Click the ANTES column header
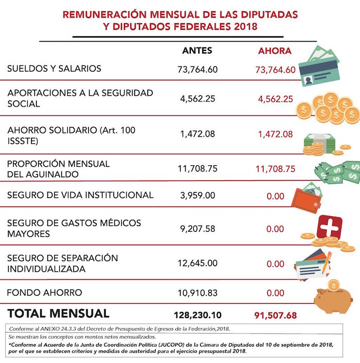click(x=197, y=50)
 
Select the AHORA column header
click(x=275, y=51)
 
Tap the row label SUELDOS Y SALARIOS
click(x=54, y=68)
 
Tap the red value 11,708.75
click(x=275, y=168)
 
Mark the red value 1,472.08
click(x=275, y=134)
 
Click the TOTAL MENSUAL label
click(x=58, y=313)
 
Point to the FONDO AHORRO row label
click(x=44, y=292)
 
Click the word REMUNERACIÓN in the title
click(x=99, y=14)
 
